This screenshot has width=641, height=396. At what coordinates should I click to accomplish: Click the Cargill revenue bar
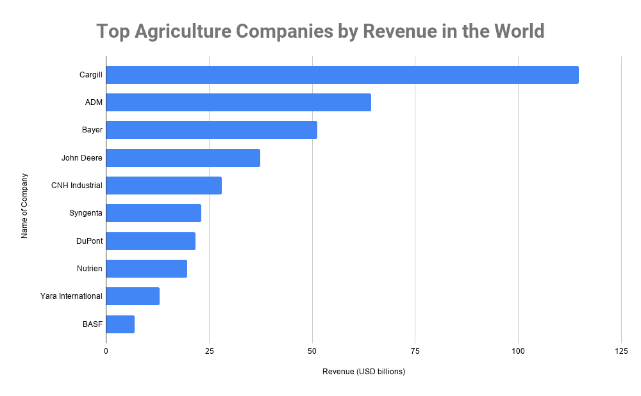click(342, 75)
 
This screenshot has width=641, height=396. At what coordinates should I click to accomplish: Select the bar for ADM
click(238, 102)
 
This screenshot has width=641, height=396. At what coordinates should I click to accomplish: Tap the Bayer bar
click(212, 130)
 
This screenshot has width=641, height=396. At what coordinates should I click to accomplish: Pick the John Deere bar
click(183, 158)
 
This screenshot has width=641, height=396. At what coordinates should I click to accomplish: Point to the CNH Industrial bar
click(163, 186)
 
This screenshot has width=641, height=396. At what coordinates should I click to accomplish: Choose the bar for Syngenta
click(153, 213)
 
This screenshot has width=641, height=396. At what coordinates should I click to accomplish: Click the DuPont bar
click(151, 241)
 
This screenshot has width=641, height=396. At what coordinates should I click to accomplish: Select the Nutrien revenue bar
click(146, 269)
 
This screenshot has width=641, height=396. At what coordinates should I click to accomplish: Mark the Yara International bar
click(133, 296)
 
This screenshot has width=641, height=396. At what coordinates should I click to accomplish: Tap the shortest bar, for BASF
click(120, 324)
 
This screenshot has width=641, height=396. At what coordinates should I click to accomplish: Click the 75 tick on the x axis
click(415, 351)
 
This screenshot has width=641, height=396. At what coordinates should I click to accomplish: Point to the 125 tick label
click(620, 351)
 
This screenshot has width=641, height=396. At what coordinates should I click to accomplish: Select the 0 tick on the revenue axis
click(106, 351)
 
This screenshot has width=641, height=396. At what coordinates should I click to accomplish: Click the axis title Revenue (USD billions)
click(363, 372)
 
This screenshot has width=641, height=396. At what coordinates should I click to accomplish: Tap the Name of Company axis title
click(24, 205)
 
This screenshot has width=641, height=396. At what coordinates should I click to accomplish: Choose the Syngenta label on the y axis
click(85, 213)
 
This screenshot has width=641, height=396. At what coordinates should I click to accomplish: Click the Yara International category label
click(71, 296)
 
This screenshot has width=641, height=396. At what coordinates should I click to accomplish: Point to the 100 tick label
click(518, 351)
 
